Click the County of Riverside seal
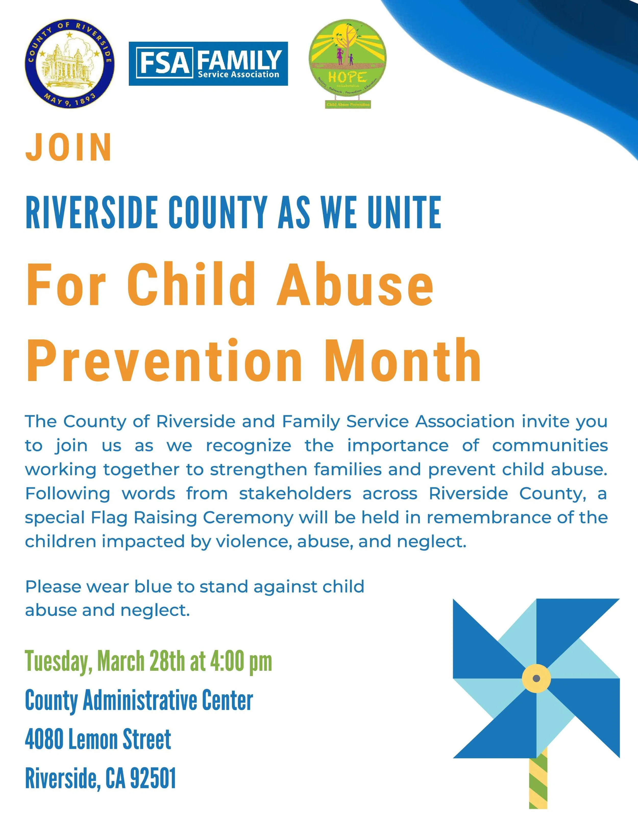click(x=70, y=64)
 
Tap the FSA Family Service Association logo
click(x=208, y=64)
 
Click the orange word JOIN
click(x=68, y=147)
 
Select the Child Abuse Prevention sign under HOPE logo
click(x=348, y=104)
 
